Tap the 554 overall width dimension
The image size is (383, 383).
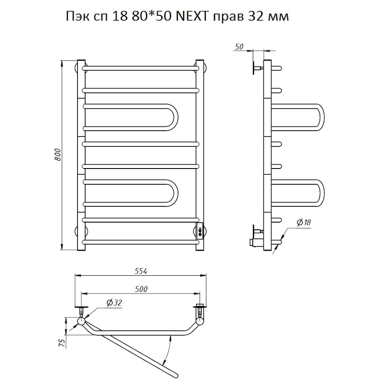click(141, 271)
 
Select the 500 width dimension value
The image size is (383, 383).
click(141, 289)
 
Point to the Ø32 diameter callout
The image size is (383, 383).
click(114, 303)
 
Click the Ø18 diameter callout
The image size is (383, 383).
click(303, 222)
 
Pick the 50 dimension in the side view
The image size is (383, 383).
click(239, 47)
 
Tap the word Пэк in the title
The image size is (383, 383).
click(77, 17)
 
